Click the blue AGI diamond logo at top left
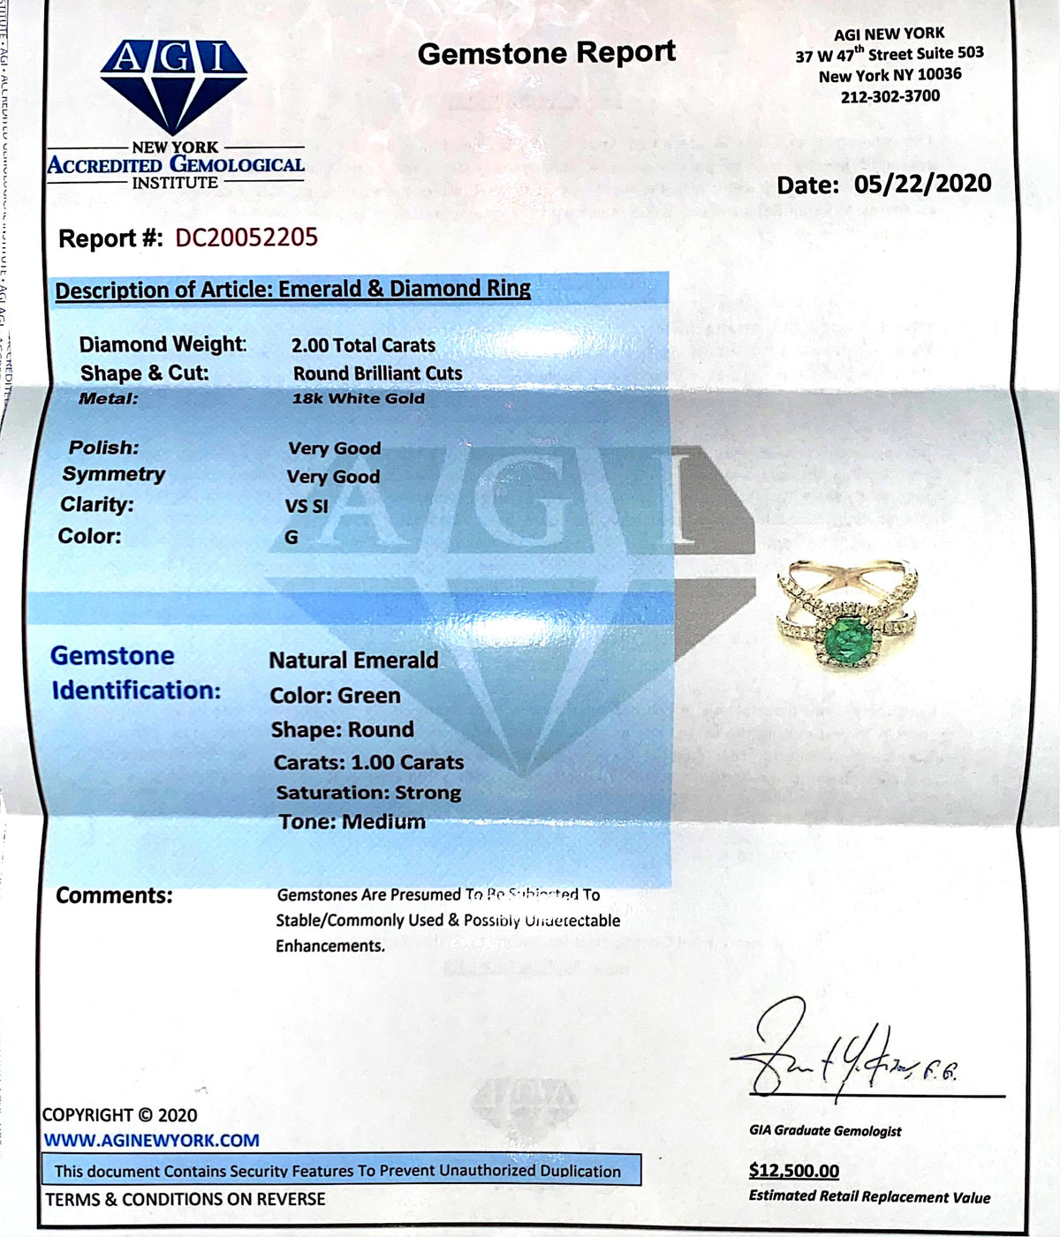(x=174, y=86)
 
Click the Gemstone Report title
(x=546, y=53)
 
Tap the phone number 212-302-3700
(x=890, y=96)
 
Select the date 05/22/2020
(x=922, y=184)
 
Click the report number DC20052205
(x=246, y=238)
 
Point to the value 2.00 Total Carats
(x=363, y=345)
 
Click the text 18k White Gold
(x=358, y=398)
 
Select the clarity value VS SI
(x=307, y=506)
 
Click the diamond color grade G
(x=291, y=537)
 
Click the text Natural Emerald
(x=353, y=660)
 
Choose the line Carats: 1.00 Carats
(x=368, y=762)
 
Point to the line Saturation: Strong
(x=368, y=793)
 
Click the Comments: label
(x=114, y=895)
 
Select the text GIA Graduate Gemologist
(x=825, y=1130)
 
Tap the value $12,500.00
(x=793, y=1171)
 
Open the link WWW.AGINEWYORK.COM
(x=152, y=1140)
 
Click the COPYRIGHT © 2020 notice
(x=120, y=1115)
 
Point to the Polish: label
(x=104, y=448)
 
